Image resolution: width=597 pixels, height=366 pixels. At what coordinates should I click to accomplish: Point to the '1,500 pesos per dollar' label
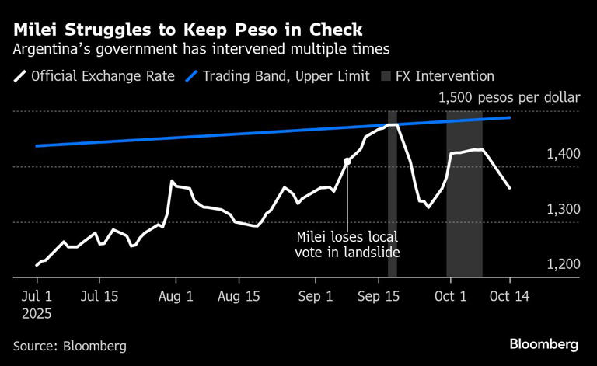click(x=509, y=98)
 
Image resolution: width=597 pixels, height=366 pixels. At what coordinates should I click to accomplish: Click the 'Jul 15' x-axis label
click(x=99, y=296)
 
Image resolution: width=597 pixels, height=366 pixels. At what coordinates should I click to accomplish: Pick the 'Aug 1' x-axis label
click(x=175, y=296)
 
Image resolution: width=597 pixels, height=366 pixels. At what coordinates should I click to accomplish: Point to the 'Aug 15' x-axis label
click(x=239, y=296)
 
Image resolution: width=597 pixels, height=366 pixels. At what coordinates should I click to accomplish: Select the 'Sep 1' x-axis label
click(x=315, y=296)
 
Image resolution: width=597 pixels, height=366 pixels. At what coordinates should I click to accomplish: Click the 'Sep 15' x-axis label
click(x=379, y=296)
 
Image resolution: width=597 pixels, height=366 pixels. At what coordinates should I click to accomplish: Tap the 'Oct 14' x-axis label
click(x=509, y=296)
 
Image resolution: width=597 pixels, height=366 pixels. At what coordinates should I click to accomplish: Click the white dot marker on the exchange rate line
click(x=347, y=162)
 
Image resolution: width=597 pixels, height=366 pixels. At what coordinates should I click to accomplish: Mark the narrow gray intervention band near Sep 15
click(x=393, y=194)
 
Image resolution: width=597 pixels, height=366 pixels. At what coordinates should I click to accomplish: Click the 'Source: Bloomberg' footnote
click(x=70, y=346)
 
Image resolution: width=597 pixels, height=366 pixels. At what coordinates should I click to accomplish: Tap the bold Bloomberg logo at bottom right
click(x=544, y=343)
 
